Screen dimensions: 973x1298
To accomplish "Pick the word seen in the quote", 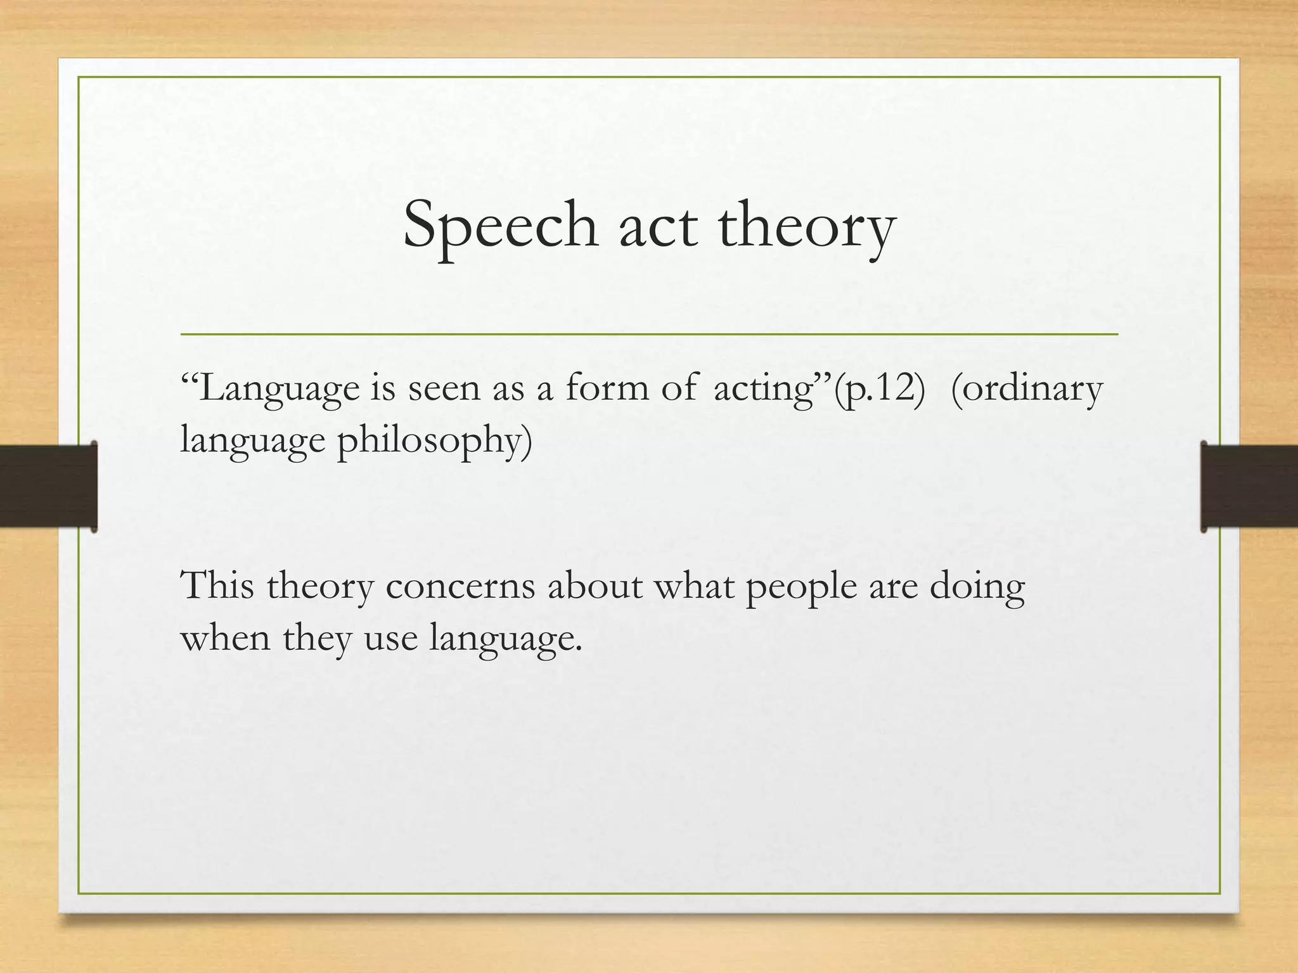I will coord(444,388).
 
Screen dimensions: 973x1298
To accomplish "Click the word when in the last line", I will coord(226,637).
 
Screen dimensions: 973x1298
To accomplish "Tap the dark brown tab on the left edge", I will coord(48,486).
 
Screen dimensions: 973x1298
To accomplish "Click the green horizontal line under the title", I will coord(649,334).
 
